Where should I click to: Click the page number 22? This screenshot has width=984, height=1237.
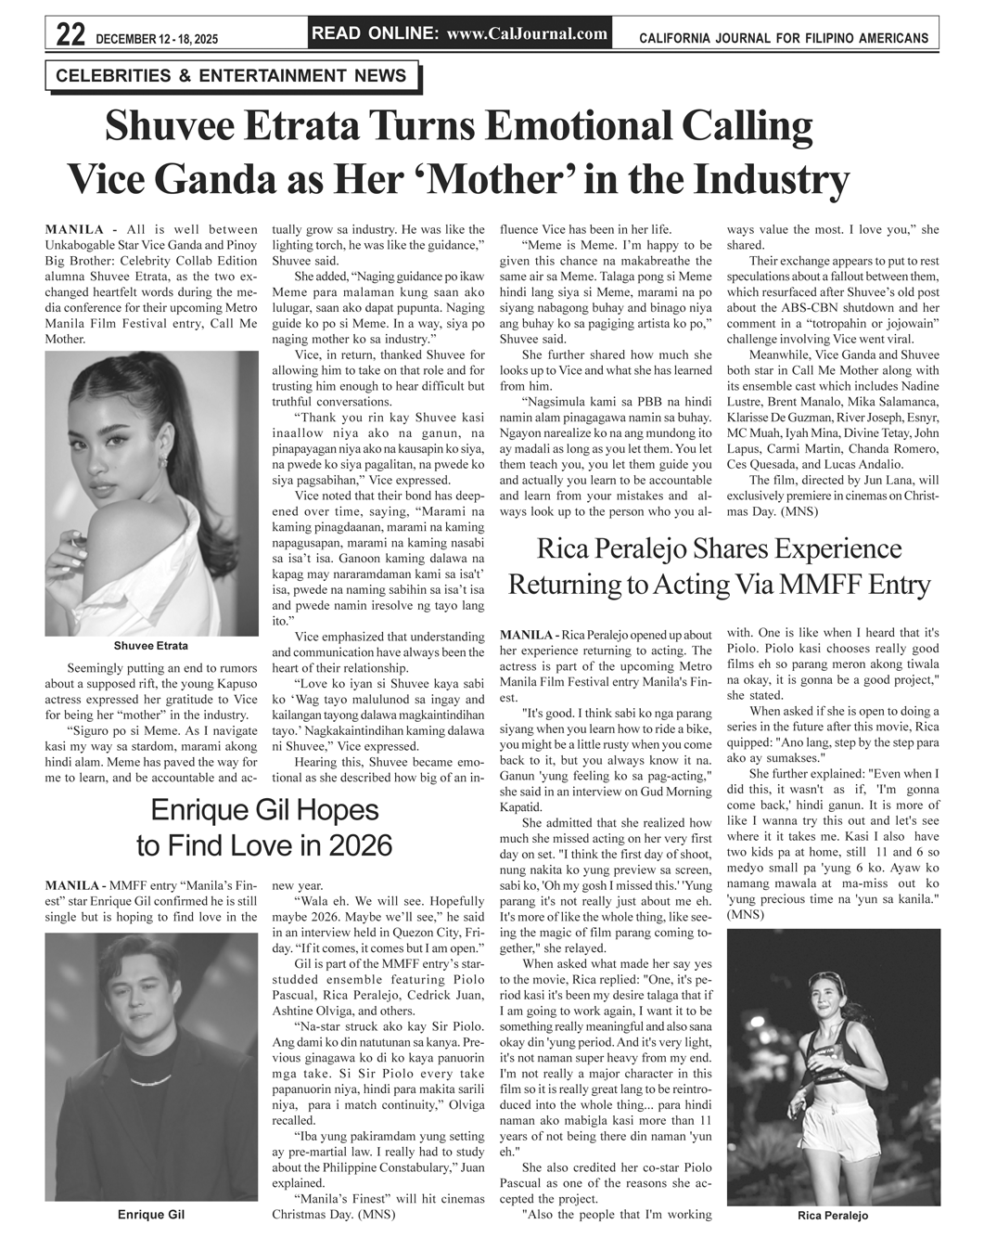(x=70, y=35)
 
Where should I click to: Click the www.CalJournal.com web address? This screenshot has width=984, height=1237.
(x=527, y=34)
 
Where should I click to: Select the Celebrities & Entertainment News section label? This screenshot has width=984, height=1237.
(x=231, y=76)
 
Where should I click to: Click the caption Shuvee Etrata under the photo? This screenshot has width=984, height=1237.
(x=150, y=646)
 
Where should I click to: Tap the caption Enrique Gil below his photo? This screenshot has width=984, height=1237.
(x=150, y=1215)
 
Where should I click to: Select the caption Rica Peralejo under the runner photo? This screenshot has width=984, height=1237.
(x=833, y=1216)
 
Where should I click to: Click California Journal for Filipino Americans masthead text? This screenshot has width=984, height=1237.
(x=784, y=38)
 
